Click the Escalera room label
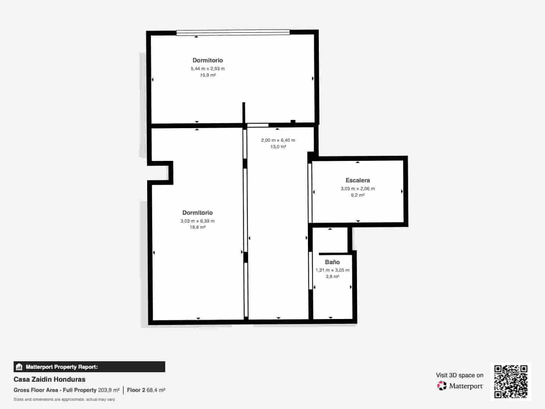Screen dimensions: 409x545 (357, 180)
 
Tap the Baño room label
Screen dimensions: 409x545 (332, 262)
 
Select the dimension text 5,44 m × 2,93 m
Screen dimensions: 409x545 (207, 69)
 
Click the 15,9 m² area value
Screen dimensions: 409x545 (207, 75)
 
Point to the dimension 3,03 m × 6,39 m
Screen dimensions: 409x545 (197, 221)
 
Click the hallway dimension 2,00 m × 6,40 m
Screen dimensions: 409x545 (278, 140)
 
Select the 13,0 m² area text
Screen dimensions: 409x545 (278, 147)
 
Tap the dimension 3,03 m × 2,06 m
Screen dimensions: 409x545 (357, 188)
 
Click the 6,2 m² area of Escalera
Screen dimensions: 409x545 (357, 195)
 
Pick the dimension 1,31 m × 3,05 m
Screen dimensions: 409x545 (332, 270)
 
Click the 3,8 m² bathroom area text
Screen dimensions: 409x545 (332, 276)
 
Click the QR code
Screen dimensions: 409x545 (511, 381)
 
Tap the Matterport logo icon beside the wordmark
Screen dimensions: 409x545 (441, 386)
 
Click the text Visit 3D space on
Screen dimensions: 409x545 (459, 375)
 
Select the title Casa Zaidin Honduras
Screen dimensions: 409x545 (49, 379)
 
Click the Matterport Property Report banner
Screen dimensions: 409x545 (89, 367)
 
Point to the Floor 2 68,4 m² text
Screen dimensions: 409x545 (146, 390)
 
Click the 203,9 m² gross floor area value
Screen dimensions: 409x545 (109, 390)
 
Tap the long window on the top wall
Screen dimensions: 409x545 (233, 33)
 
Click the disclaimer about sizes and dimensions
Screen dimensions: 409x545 (64, 399)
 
